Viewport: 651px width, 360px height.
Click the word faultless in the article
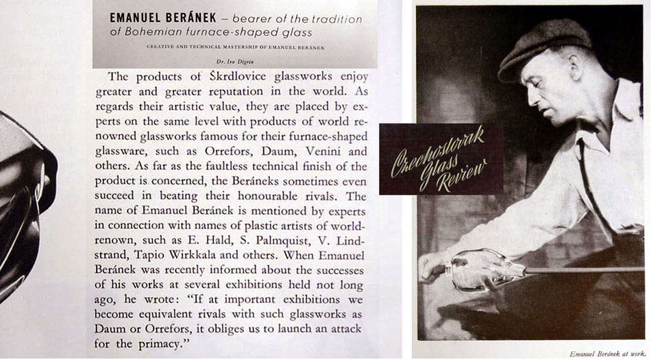(x=212, y=165)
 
